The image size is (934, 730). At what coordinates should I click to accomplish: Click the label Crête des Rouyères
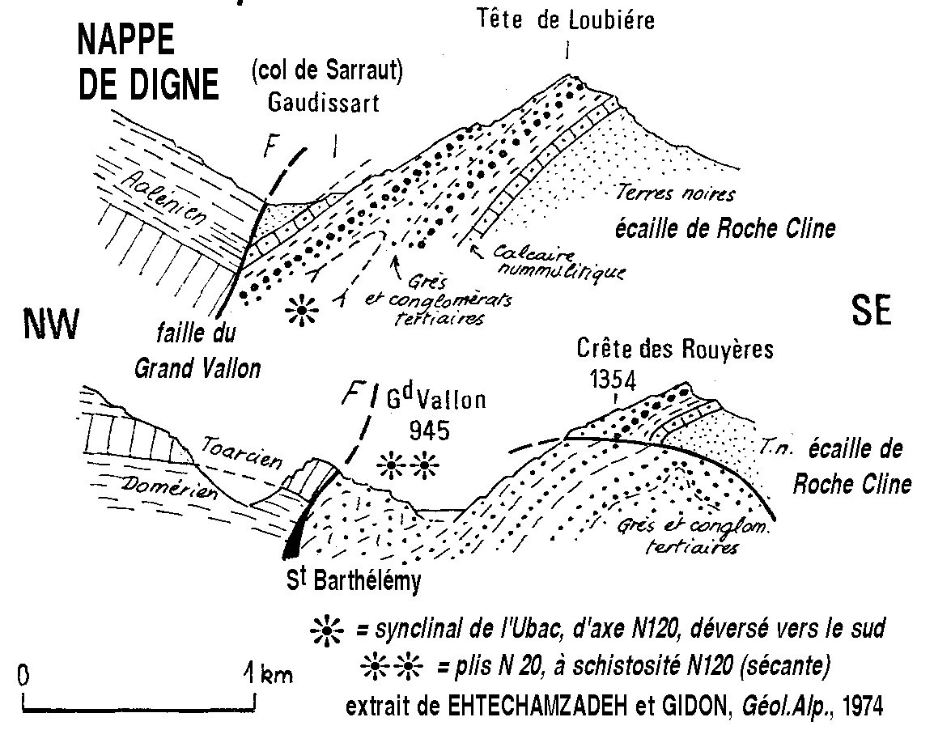(675, 350)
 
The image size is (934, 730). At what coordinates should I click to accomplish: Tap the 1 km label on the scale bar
(269, 673)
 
